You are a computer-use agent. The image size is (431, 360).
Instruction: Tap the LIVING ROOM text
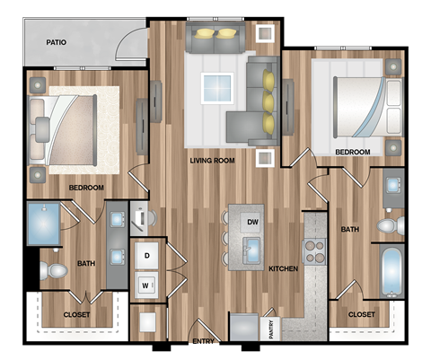pos(212,161)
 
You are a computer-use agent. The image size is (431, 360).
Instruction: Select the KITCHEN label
pos(283,268)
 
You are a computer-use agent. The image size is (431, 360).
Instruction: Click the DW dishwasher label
pos(253,221)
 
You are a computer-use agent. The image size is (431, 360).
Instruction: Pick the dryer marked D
pos(147,256)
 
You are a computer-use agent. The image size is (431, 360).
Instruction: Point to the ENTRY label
pos(203,342)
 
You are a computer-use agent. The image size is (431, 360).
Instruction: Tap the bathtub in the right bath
pos(391,271)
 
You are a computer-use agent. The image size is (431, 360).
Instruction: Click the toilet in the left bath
pos(57,269)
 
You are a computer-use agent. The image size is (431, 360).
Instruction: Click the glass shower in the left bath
pos(43,224)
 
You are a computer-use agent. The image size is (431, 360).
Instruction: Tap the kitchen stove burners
pos(315,252)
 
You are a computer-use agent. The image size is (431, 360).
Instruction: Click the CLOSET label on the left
pos(76,315)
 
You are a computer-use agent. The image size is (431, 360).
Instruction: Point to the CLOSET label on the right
pos(361,314)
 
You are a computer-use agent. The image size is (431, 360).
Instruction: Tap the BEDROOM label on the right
pos(352,153)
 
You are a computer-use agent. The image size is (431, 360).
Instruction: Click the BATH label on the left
pos(86,264)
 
